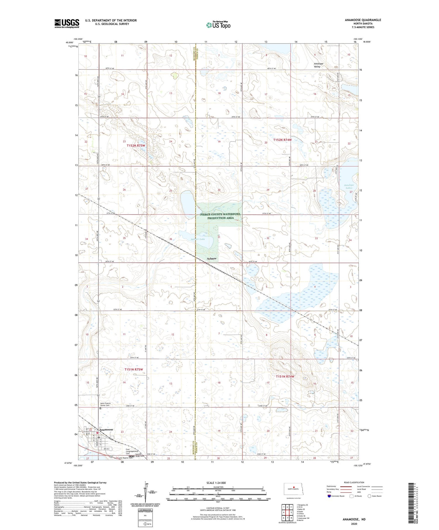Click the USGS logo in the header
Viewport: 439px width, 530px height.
click(x=67, y=23)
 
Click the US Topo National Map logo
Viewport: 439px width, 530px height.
click(x=218, y=25)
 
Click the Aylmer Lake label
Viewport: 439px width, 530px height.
click(x=198, y=239)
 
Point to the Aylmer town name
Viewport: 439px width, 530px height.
click(x=212, y=259)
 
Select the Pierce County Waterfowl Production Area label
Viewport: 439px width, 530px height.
click(x=220, y=216)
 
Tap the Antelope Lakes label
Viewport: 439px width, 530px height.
click(x=349, y=186)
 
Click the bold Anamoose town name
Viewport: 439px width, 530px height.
click(x=106, y=429)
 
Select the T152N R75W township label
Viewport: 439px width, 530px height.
click(x=136, y=145)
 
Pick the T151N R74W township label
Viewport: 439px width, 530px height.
click(x=285, y=377)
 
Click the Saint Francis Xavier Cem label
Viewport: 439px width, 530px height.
click(x=105, y=404)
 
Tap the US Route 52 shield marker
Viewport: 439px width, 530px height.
click(x=112, y=457)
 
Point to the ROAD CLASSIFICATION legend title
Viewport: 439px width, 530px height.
click(x=354, y=482)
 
